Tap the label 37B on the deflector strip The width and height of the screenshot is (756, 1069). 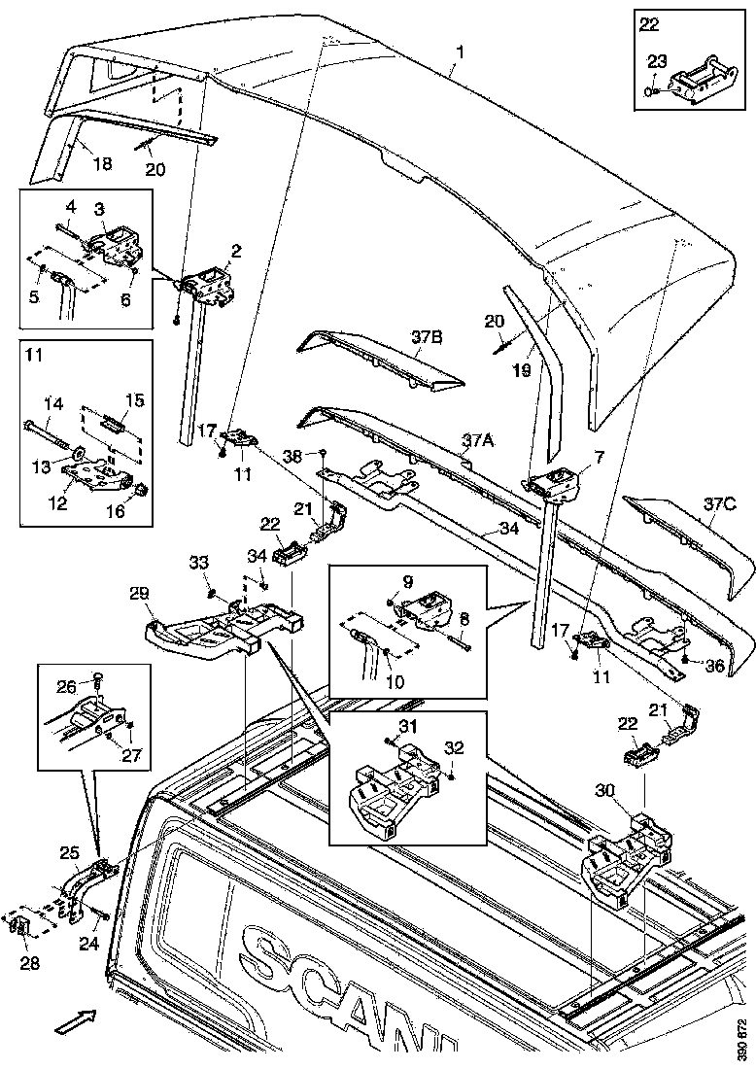[x=428, y=337]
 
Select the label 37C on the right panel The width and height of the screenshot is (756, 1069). [x=720, y=504]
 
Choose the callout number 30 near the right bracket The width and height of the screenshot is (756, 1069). [x=603, y=792]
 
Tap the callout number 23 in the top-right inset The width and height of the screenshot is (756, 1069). [x=657, y=60]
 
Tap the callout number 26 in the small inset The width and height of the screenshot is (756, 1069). [x=66, y=686]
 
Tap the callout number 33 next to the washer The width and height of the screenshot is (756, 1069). [x=198, y=563]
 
